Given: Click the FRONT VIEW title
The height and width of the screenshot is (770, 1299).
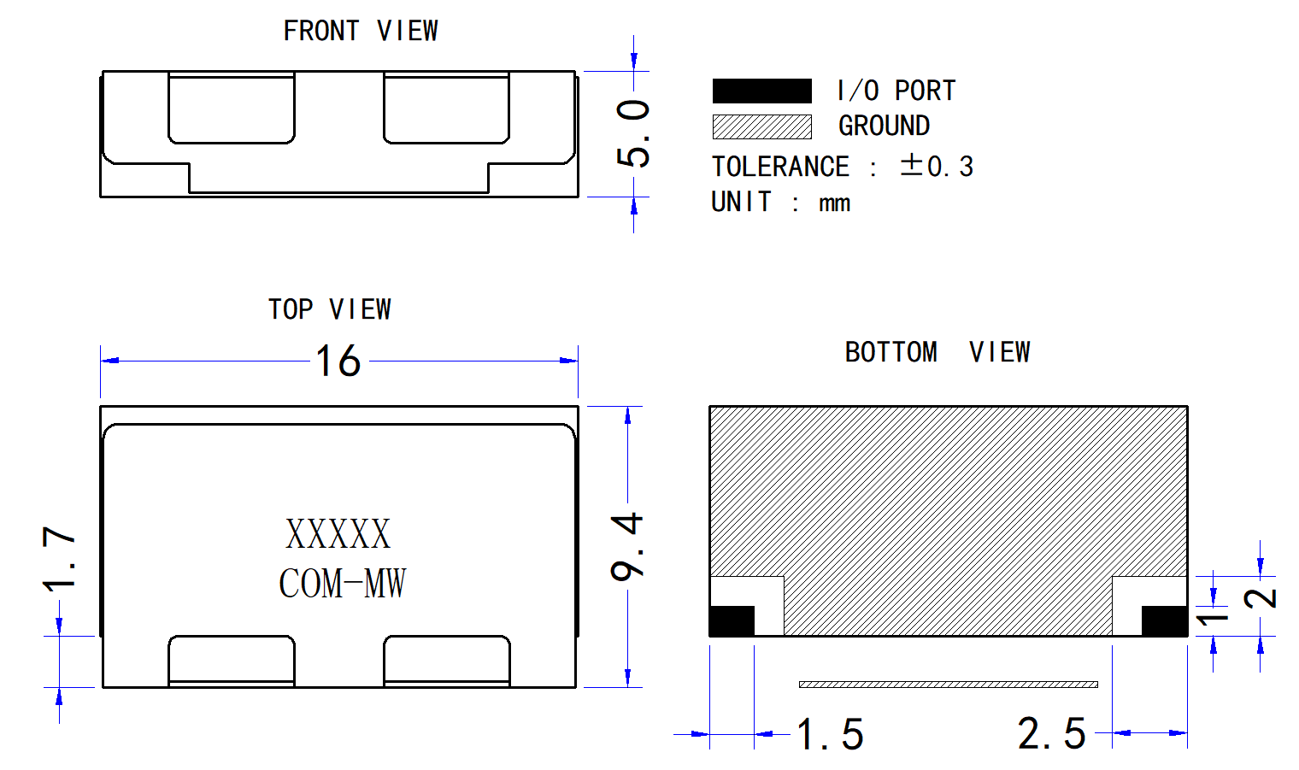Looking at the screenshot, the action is [x=361, y=31].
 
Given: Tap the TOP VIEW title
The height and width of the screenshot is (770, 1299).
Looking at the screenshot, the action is [x=329, y=309].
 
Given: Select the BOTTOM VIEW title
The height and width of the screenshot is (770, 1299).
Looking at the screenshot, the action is [x=938, y=352].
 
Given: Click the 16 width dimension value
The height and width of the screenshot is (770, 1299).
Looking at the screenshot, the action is [x=338, y=361].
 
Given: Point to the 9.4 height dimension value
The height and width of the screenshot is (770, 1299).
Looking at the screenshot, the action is [x=627, y=546].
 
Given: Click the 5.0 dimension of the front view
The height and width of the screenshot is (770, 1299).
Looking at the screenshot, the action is [x=632, y=133].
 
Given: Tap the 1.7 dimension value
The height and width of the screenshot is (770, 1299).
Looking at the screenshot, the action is [x=59, y=558].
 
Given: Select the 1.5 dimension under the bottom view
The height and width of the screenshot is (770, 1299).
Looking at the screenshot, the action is [x=831, y=734].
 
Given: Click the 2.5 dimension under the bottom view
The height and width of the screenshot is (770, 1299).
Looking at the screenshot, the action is [x=1051, y=733].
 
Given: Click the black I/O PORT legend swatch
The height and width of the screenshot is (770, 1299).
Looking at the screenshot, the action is [x=762, y=91].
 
